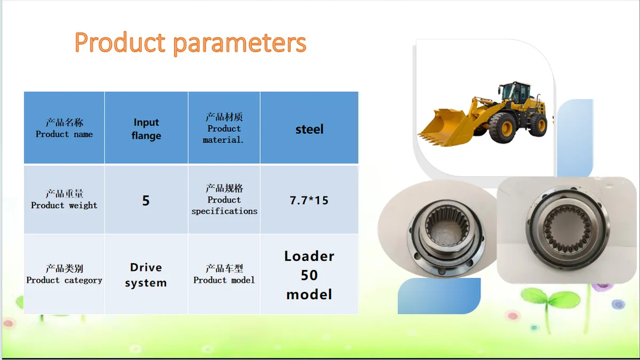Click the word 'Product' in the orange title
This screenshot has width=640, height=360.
(120, 43)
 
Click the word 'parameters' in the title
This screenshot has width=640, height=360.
(239, 44)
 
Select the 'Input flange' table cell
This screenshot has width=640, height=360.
(146, 127)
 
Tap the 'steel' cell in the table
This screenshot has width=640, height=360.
(309, 127)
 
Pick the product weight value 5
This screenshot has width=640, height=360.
(146, 200)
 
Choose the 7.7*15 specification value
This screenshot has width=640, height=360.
(309, 200)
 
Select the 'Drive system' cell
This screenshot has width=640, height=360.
(146, 274)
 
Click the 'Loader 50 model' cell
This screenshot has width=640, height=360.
(309, 274)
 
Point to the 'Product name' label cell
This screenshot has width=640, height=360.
(65, 127)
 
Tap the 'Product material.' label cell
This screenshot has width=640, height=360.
(224, 127)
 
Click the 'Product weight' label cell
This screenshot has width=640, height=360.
(65, 200)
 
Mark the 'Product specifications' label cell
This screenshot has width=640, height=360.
(224, 200)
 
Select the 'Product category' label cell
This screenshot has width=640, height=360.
(65, 274)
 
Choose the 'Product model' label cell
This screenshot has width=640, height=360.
(224, 274)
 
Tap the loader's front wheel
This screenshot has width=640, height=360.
(503, 127)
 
